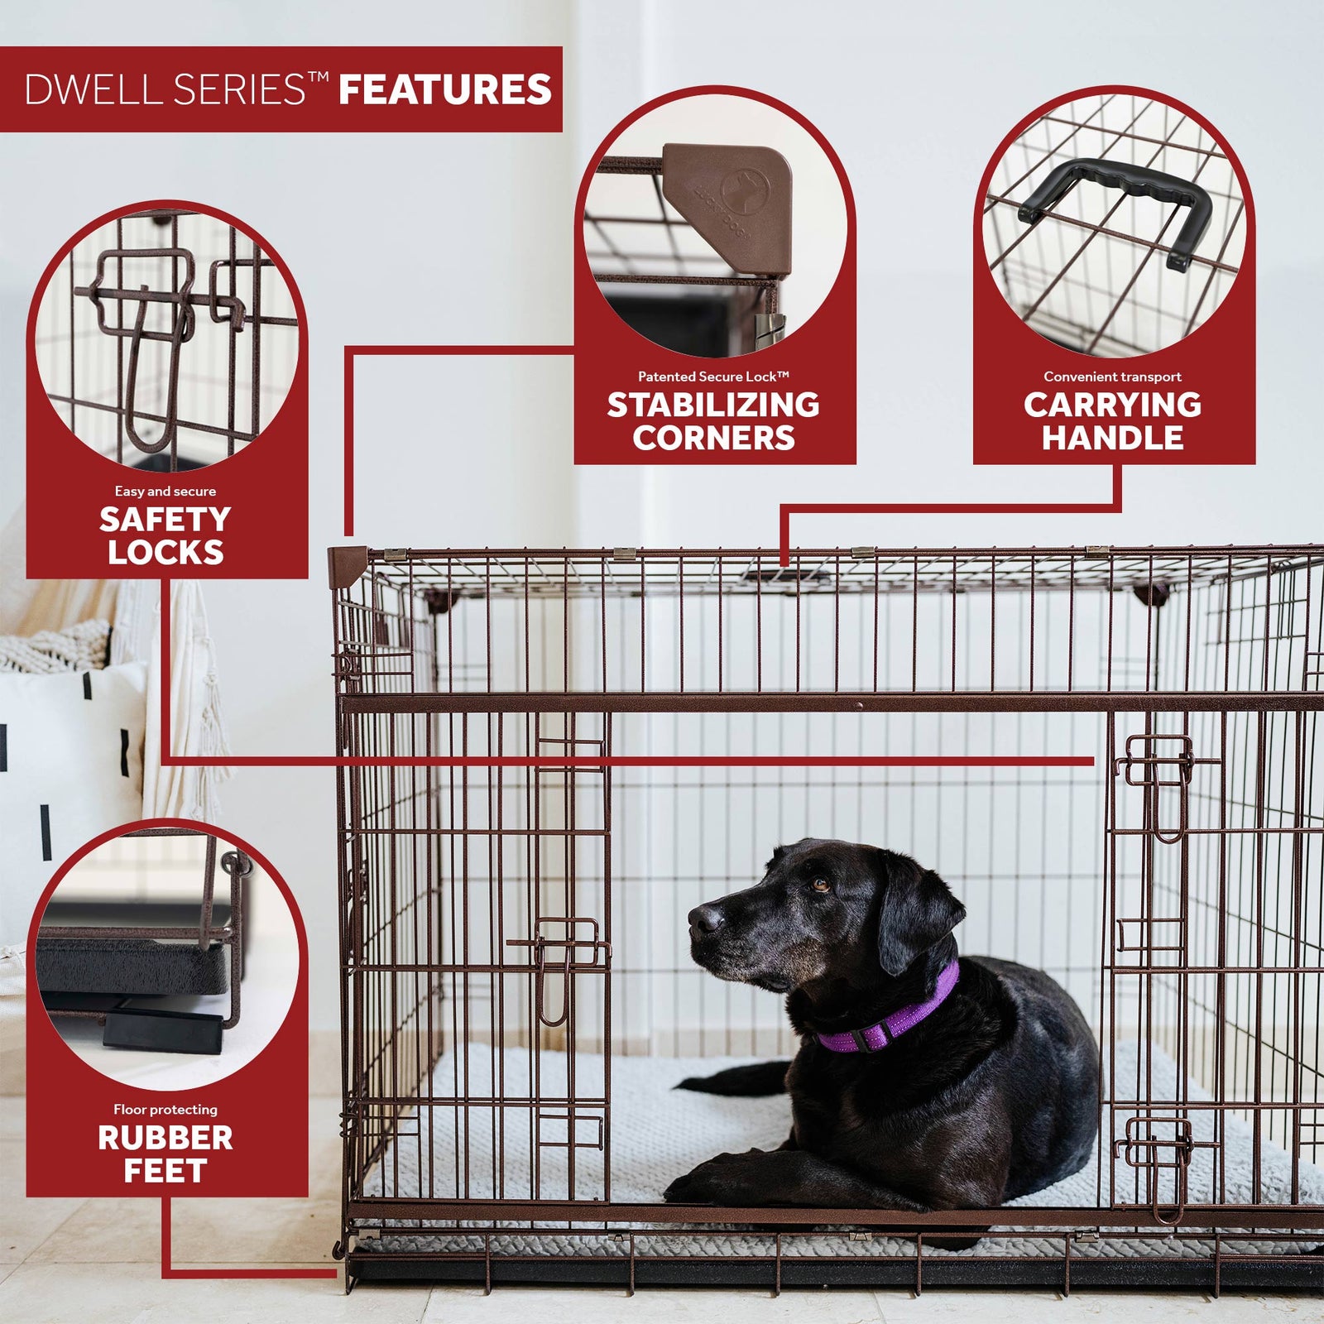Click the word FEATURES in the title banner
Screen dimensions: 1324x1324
click(x=444, y=89)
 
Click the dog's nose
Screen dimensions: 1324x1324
click(x=705, y=918)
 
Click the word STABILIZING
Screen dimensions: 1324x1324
click(x=713, y=405)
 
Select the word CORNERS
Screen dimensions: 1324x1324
click(x=713, y=438)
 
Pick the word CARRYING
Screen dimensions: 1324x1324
click(x=1112, y=405)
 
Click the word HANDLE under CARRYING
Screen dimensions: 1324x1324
click(x=1112, y=438)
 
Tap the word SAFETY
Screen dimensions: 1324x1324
click(x=165, y=520)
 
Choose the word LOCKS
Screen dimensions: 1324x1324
click(x=165, y=553)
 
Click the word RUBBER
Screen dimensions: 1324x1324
click(x=165, y=1138)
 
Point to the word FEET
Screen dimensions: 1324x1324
click(x=165, y=1171)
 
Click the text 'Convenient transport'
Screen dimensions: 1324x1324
click(x=1112, y=377)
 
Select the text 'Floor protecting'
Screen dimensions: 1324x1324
click(x=165, y=1110)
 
